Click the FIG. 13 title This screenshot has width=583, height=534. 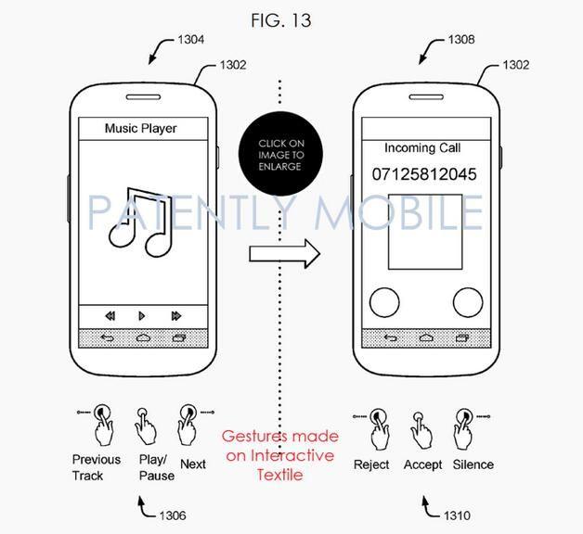[x=281, y=20]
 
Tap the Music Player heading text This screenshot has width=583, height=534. [x=140, y=129]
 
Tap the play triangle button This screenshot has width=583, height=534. [x=142, y=316]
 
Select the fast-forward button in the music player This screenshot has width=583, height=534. [x=176, y=316]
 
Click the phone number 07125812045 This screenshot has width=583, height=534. [x=424, y=174]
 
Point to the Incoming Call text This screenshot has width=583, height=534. [x=422, y=147]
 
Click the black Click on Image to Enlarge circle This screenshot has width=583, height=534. [x=280, y=154]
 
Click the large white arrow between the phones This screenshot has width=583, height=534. [x=284, y=254]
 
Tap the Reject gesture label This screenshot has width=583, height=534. [x=371, y=464]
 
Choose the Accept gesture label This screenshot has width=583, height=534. [x=422, y=464]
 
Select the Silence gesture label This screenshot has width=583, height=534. [x=473, y=464]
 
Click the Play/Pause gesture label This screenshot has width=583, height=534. [x=157, y=467]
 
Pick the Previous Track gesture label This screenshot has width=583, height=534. [x=97, y=467]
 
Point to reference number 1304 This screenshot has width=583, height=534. [x=190, y=39]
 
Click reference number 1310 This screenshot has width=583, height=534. [x=457, y=515]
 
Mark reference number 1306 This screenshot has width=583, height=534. [x=173, y=515]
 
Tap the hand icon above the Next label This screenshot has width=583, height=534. [x=188, y=425]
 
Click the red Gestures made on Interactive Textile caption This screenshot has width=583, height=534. [x=280, y=455]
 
